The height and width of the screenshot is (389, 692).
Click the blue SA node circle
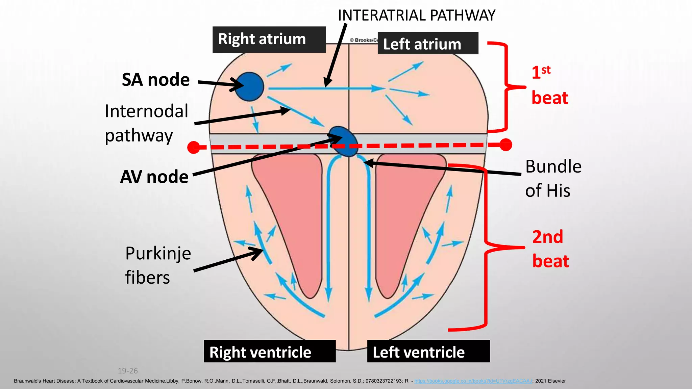coord(249,87)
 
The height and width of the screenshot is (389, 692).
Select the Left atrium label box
coord(427,43)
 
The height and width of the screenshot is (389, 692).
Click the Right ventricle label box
coord(269,352)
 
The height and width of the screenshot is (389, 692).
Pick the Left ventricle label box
coord(428,352)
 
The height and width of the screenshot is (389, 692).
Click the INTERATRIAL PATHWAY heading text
coord(416,16)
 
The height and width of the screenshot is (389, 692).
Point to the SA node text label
coord(155,80)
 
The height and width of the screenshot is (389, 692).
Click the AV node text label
coord(154,177)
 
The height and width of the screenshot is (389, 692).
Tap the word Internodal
coord(146,111)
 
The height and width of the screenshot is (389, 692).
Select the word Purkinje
coord(158,253)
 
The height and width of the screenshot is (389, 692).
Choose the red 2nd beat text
coord(550,249)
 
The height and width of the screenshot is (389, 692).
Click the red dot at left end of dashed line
coord(194,147)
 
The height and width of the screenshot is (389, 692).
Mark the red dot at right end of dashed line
coord(505,145)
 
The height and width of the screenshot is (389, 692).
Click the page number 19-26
coord(127,371)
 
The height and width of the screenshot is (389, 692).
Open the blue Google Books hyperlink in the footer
coord(473,381)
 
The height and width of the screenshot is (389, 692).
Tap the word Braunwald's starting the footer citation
coord(28,381)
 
